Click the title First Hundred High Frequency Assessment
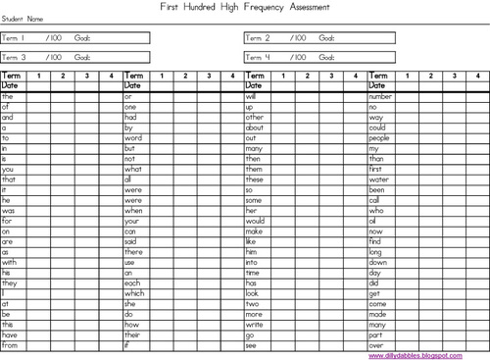pos(244,7)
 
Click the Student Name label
pos(24,19)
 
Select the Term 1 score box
pos(75,37)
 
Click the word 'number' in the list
pos(381,96)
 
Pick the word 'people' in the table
pos(379,137)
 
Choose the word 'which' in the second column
pos(134,292)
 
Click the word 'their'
pos(133,334)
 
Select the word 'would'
pos(255,221)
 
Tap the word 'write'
pos(254,324)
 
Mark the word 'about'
pos(255,128)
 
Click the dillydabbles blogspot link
pos(426,355)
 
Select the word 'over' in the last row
pos(375,344)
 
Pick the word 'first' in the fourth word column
pos(375,169)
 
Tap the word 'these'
pos(255,179)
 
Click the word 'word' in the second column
pos(133,137)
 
